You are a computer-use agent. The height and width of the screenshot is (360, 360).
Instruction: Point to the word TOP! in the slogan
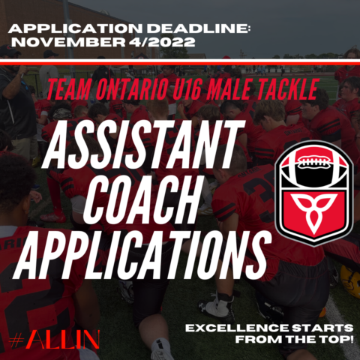tap(336, 340)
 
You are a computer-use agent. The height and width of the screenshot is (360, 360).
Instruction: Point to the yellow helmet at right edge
tap(350, 280)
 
